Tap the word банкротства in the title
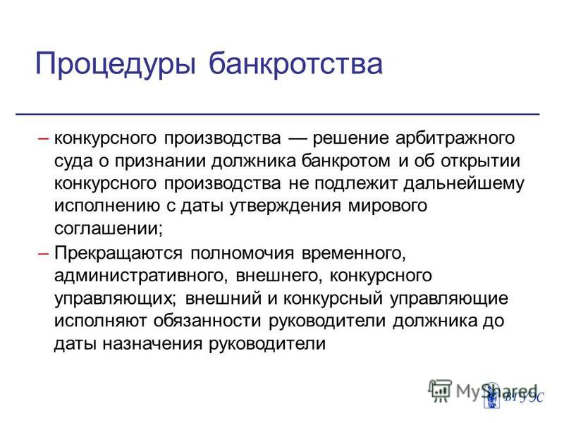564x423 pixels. tap(295, 63)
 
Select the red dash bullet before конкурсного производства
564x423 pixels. tap(43, 138)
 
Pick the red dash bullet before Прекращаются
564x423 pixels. tap(43, 254)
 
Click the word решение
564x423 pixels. tap(351, 138)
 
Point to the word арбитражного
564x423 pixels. tap(455, 138)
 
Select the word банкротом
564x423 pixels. tap(345, 161)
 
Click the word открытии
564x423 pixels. tap(481, 161)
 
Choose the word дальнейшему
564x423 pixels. tap(464, 183)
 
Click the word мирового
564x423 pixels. tap(388, 207)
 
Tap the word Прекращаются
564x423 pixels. tap(118, 253)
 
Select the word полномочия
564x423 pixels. tap(242, 254)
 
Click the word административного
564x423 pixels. tap(139, 276)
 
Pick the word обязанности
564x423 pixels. tap(207, 321)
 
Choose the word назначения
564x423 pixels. tap(153, 344)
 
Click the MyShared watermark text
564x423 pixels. tap(496, 391)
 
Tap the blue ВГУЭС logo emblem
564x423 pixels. tap(491, 396)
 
